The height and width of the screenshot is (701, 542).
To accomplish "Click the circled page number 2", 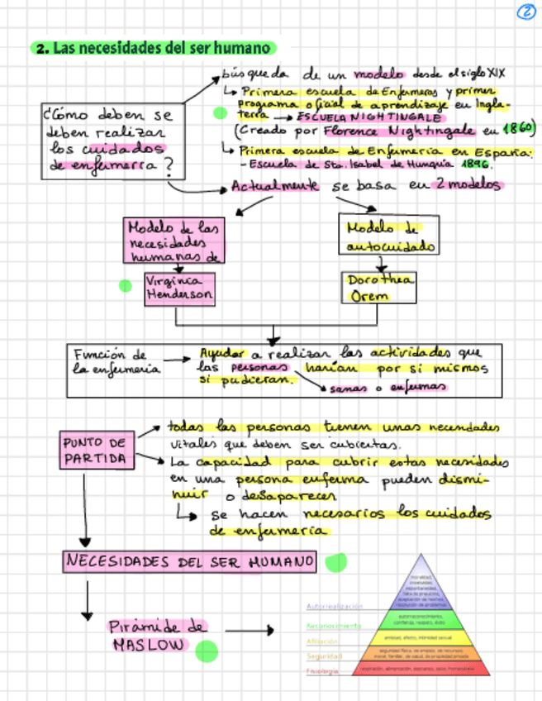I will [525, 12].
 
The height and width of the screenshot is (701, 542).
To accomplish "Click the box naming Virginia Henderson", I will [178, 288].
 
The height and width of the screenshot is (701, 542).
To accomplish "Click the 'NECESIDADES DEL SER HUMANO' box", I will [189, 563].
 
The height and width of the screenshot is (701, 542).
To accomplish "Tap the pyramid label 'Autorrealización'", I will [334, 606].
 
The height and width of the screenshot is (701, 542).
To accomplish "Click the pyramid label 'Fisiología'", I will [322, 670].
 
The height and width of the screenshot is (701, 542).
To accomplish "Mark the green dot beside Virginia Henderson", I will [126, 286].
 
